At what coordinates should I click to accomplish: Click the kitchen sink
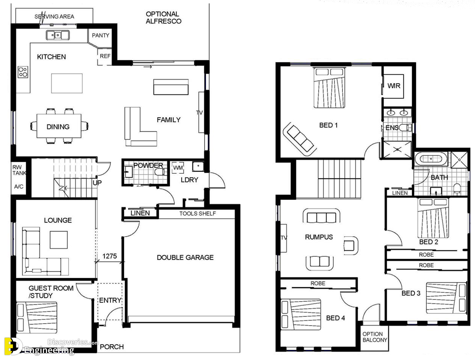click(57, 35)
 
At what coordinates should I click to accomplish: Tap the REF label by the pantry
click(105, 56)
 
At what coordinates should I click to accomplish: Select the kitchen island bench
click(66, 83)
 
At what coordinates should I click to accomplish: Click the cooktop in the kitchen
click(23, 72)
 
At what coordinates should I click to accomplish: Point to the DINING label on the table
click(58, 127)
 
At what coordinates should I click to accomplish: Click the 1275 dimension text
click(110, 256)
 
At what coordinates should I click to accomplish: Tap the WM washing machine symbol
click(178, 168)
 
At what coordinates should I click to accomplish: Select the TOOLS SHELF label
click(198, 214)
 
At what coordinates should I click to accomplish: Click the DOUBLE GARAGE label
click(185, 257)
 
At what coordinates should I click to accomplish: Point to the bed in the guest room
click(37, 317)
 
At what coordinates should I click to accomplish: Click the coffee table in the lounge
click(59, 240)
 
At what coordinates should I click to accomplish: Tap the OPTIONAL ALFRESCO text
click(163, 17)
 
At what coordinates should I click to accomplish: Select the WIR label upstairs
click(393, 86)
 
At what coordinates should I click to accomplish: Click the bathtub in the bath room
click(431, 159)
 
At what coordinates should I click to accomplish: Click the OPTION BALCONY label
click(374, 337)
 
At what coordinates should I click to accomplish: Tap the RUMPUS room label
click(319, 237)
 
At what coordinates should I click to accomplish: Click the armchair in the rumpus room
click(351, 246)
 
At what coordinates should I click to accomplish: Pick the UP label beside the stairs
click(97, 183)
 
